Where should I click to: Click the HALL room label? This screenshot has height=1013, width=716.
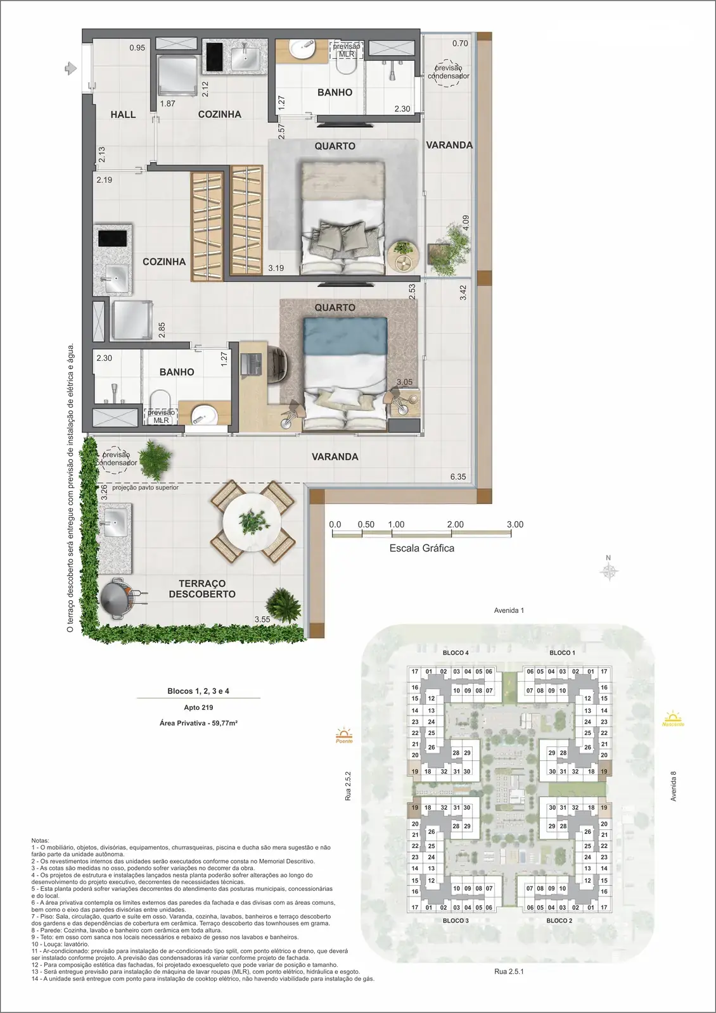tap(123, 115)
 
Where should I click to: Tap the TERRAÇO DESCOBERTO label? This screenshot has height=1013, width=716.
tap(202, 589)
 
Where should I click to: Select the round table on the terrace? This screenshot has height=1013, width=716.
tap(252, 522)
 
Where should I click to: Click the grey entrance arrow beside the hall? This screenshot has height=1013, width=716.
tap(70, 68)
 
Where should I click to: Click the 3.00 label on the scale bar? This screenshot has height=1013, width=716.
tap(515, 524)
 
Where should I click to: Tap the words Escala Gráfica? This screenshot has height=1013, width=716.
tap(422, 548)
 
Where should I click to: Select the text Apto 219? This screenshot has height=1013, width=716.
tap(198, 707)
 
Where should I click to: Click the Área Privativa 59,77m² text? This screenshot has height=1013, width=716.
tap(198, 723)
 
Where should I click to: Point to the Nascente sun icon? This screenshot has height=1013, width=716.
tap(673, 718)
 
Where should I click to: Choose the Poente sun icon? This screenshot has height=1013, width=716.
tap(344, 735)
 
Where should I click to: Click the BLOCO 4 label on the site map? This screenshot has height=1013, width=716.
tap(456, 653)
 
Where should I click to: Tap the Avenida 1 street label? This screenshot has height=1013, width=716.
tap(509, 610)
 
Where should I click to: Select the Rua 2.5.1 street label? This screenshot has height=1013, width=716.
tap(509, 971)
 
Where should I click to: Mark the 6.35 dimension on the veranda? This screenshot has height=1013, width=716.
tap(458, 477)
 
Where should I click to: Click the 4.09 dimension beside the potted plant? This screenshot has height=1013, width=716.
tap(466, 223)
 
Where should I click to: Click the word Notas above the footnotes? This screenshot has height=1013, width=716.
tap(41, 840)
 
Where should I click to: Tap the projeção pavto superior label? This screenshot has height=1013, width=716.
tap(145, 488)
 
